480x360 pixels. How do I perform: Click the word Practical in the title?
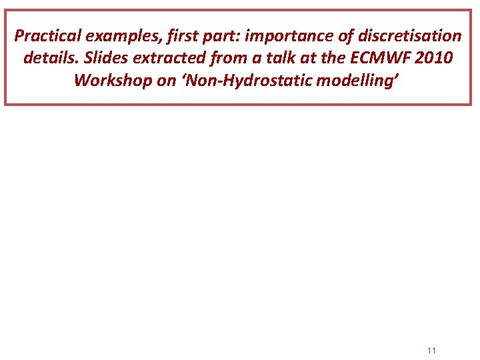45,35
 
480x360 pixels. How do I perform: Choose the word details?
50,58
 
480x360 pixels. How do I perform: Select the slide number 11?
431,350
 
